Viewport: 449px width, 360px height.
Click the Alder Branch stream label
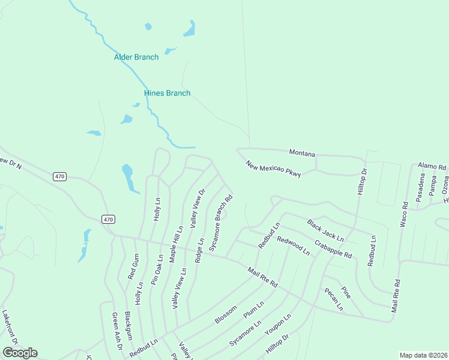click(x=136, y=58)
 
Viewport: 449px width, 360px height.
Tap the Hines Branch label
click(x=167, y=93)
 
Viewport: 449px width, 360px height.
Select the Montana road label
click(x=302, y=154)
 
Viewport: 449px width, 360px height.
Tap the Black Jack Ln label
click(x=325, y=230)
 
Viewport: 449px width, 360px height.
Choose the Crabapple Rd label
click(x=333, y=247)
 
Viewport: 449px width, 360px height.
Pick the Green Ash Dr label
click(x=117, y=331)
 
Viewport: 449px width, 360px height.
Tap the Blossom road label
click(x=225, y=313)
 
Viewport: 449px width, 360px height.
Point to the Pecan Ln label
click(x=333, y=299)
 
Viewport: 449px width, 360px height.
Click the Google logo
click(x=20, y=353)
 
